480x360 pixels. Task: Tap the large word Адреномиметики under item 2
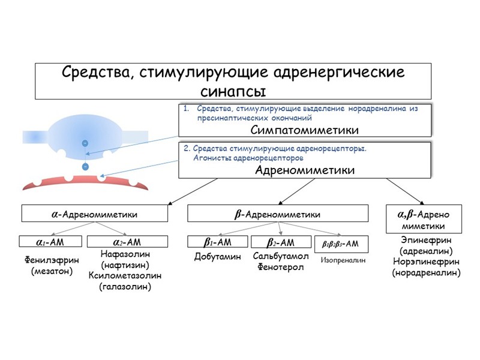pyautogui.click(x=305, y=170)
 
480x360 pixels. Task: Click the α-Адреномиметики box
pyautogui.click(x=95, y=214)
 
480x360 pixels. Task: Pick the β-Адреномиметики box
pyautogui.click(x=278, y=214)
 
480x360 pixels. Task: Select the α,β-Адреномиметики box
pyautogui.click(x=424, y=220)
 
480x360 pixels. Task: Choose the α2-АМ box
pyautogui.click(x=127, y=242)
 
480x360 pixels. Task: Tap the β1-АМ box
pyautogui.click(x=217, y=242)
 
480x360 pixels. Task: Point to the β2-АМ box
pyautogui.click(x=280, y=242)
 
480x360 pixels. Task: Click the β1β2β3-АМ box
pyautogui.click(x=341, y=243)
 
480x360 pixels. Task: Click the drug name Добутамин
pyautogui.click(x=217, y=257)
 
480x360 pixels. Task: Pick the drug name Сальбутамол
pyautogui.click(x=280, y=257)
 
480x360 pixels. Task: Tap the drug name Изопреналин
pyautogui.click(x=343, y=260)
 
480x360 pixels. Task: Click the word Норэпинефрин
pyautogui.click(x=426, y=262)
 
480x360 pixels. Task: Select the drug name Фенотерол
pyautogui.click(x=280, y=267)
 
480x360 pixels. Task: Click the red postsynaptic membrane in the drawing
pyautogui.click(x=84, y=184)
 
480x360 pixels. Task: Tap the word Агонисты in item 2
pyautogui.click(x=211, y=158)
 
